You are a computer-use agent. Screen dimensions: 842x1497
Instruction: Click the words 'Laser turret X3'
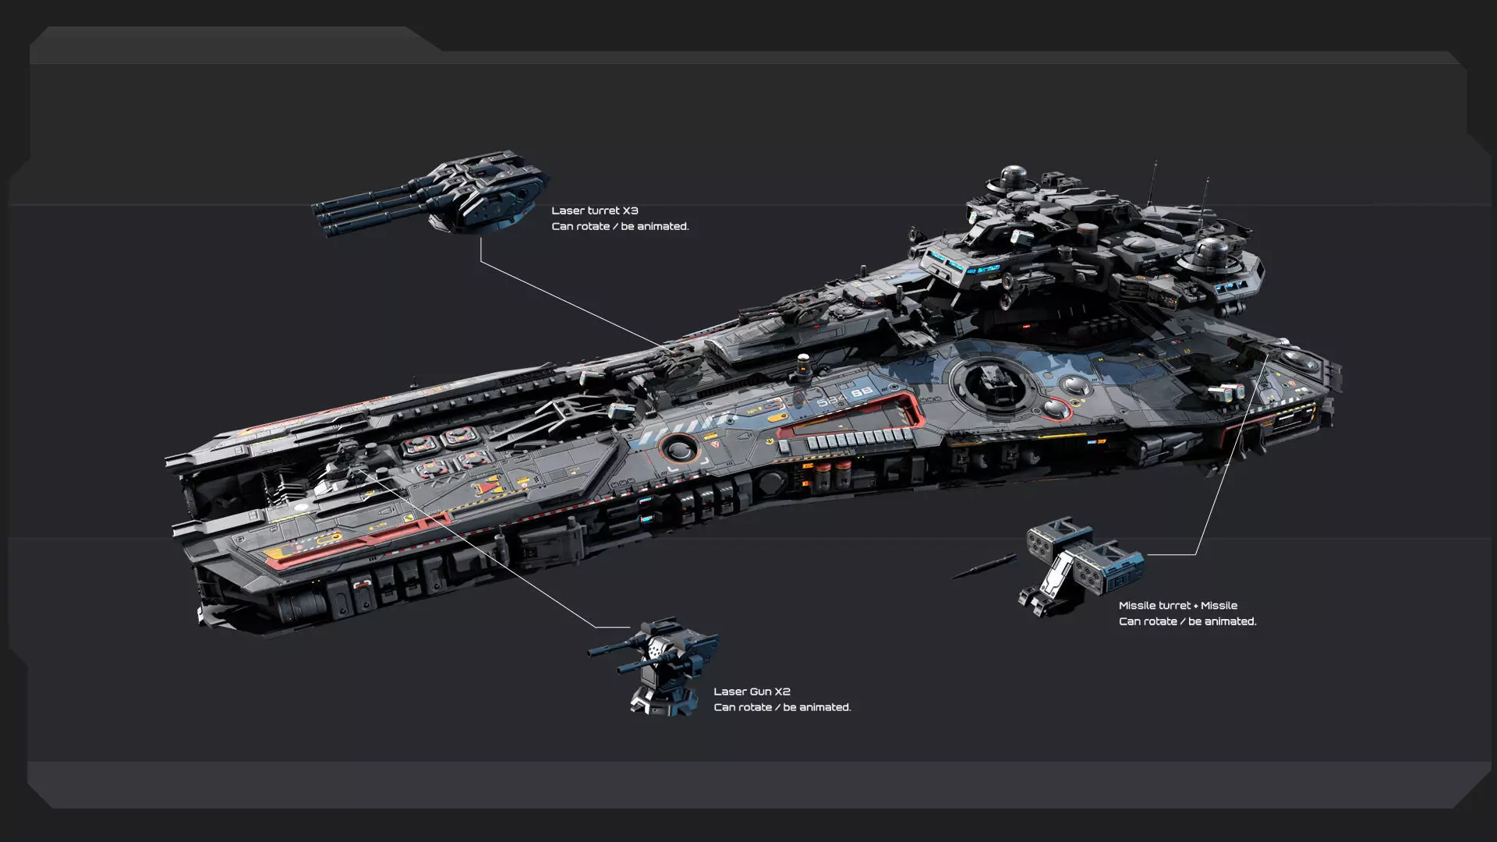pyautogui.click(x=594, y=210)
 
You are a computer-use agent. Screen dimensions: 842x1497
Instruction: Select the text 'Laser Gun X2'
pyautogui.click(x=752, y=692)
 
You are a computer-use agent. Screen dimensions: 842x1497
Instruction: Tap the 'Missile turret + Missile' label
pyautogui.click(x=1177, y=606)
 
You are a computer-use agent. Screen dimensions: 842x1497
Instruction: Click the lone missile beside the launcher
pyautogui.click(x=984, y=567)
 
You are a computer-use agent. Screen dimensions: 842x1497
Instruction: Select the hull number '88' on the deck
pyautogui.click(x=861, y=394)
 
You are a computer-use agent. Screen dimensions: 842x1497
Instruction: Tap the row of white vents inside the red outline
pyautogui.click(x=858, y=439)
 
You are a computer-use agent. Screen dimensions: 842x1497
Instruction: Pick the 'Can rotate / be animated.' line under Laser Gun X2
pyautogui.click(x=782, y=707)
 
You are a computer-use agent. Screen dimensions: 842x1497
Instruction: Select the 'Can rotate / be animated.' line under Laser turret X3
pyautogui.click(x=620, y=226)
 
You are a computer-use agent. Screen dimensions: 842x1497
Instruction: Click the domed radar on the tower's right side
pyautogui.click(x=1211, y=253)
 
